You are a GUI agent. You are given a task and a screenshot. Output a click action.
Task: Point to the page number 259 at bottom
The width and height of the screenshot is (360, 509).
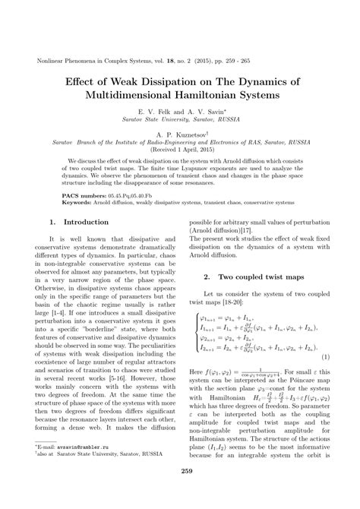tap(180, 492)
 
